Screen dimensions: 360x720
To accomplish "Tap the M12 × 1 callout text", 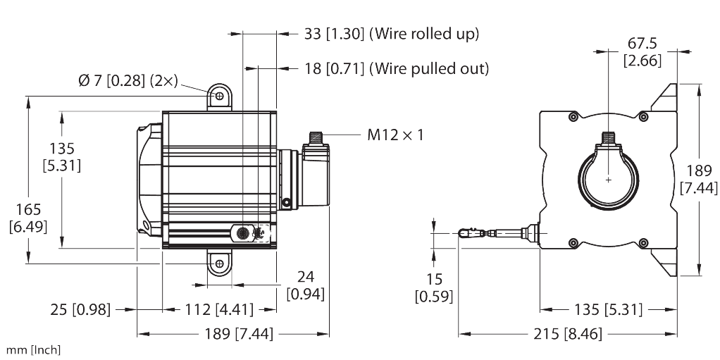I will [395, 134].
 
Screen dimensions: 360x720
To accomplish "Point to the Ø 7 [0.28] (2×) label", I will [128, 81].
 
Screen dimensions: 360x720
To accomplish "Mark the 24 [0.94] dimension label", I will [305, 284].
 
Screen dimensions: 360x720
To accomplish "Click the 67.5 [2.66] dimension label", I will [642, 53].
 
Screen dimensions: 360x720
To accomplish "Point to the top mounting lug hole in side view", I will [219, 95].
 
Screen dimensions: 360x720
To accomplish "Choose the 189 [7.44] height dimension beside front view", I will [699, 179].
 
